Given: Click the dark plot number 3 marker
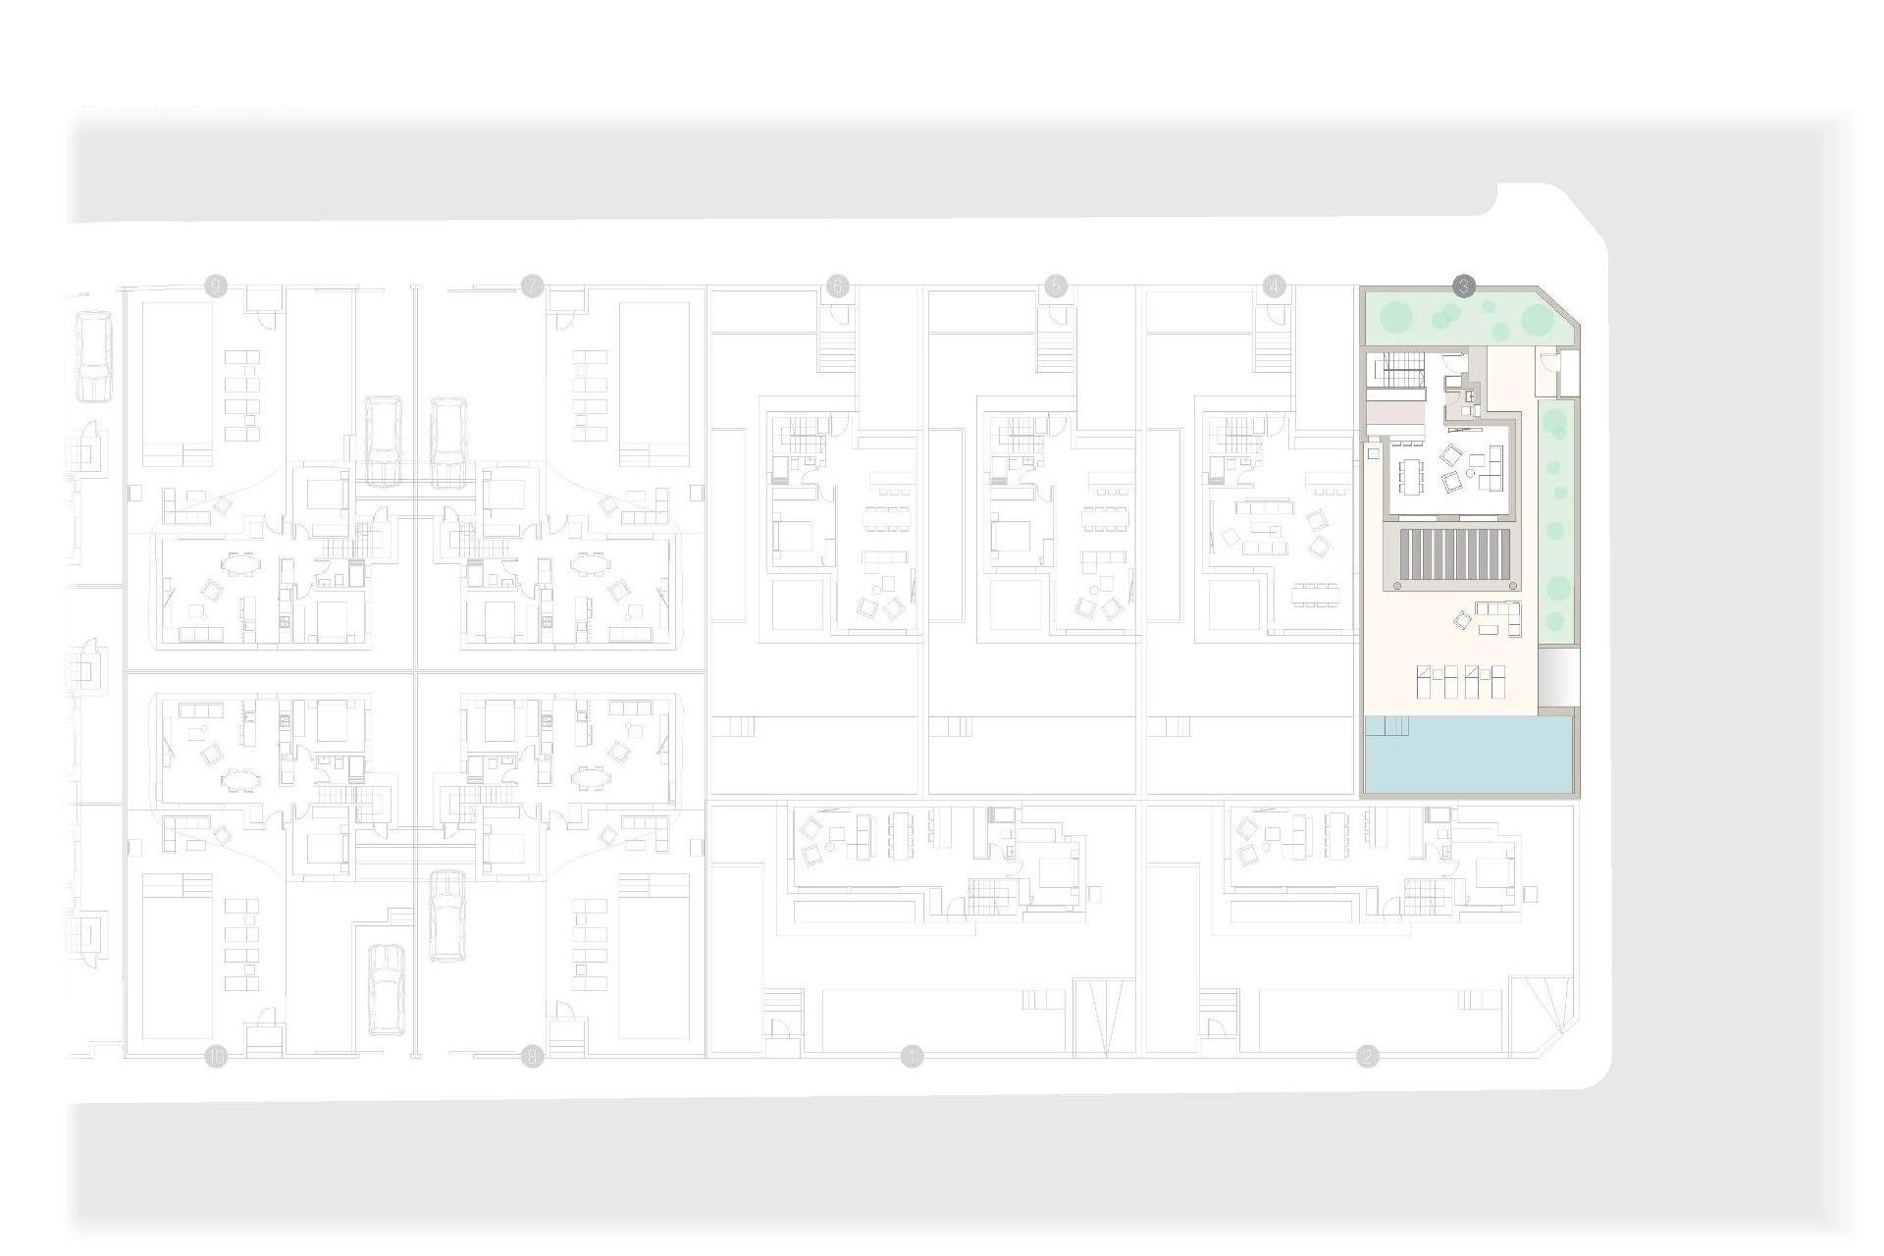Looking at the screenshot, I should pos(1463,287).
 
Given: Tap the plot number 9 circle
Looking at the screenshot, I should pos(216,287).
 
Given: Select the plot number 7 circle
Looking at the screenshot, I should pos(532,287).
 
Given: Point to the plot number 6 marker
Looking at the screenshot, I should pos(837,287).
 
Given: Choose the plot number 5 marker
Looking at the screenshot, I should pos(1055,287).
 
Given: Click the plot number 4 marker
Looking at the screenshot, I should pos(1274,287).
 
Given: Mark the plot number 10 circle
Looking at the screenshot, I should pos(216,1057).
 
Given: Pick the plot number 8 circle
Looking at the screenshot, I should pos(532,1057).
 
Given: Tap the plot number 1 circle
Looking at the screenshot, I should pos(913,1057).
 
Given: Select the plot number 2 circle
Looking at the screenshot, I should pos(1367,1057).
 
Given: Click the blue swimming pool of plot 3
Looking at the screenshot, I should pos(1467,756).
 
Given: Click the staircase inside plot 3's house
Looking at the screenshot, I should pos(1399,374).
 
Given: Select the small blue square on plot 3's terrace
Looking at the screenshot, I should pos(1374,455).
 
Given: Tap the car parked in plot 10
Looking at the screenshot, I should pos(386,989).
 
